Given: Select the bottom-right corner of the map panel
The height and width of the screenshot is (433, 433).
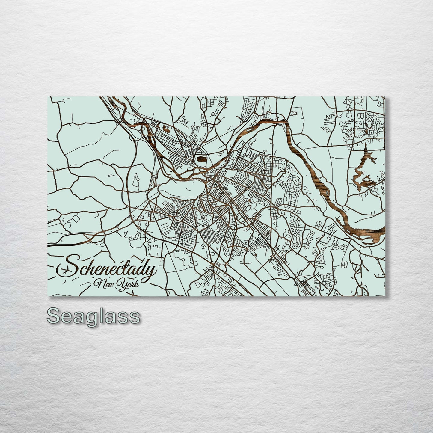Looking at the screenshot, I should (385, 296).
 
